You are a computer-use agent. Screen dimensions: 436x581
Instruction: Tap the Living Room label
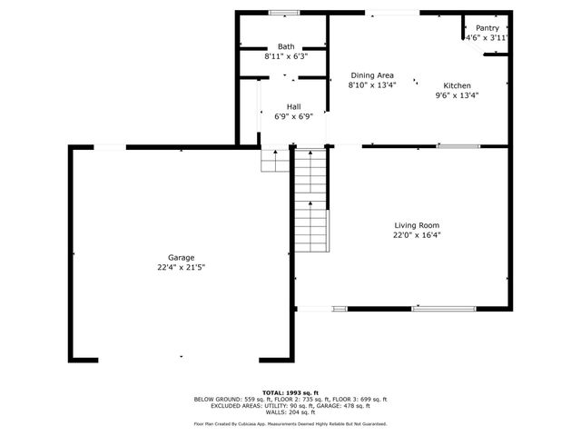[417, 225]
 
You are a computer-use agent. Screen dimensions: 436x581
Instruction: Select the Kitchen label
[458, 84]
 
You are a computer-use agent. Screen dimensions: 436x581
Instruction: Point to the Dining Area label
[372, 75]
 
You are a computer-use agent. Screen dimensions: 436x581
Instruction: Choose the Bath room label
[286, 46]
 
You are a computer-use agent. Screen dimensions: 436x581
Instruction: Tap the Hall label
[294, 106]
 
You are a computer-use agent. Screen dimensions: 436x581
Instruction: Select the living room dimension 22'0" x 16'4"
[417, 234]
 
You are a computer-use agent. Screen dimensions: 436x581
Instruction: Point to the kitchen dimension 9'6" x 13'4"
[457, 94]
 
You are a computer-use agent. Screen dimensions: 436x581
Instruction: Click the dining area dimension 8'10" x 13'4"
[372, 85]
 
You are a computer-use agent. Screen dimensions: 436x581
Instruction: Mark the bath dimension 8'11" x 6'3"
[286, 56]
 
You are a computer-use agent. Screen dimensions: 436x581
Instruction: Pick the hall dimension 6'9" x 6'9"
[294, 116]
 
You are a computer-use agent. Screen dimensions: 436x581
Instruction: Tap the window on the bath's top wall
[284, 12]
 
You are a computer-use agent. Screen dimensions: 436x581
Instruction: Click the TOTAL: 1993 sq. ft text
[290, 391]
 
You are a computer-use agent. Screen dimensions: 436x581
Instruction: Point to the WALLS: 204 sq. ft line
[290, 412]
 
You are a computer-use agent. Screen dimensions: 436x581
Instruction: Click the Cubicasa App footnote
[290, 424]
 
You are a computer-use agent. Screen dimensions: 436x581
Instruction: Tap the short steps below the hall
[274, 161]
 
